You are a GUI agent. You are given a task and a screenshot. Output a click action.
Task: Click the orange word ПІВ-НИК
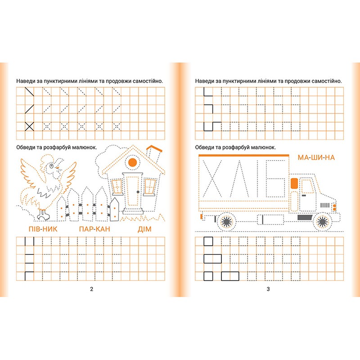pos(43,229)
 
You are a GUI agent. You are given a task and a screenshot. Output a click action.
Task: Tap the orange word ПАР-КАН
pos(94,229)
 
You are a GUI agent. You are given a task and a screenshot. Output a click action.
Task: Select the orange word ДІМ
pos(144,229)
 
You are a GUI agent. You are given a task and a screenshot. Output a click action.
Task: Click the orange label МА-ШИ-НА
pos(316,157)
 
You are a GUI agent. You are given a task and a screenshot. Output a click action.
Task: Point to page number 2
pos(92,289)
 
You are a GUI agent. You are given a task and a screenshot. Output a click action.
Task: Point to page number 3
pos(268,289)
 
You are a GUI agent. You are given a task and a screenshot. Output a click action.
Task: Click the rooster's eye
pos(51,165)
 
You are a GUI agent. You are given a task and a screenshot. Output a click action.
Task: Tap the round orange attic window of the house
pos(132,162)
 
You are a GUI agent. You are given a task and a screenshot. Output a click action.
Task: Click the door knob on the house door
pos(138,192)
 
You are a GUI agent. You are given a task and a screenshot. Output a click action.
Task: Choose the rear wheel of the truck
pos(227,221)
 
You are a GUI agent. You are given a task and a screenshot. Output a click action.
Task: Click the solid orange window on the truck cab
pos(294,184)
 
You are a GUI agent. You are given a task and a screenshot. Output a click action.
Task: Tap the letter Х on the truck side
pos(212,179)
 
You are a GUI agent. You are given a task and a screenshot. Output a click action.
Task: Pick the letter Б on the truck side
pos(275,179)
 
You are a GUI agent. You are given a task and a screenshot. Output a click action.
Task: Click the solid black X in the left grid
pos(29,126)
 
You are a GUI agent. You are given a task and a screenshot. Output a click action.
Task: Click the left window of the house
pos(117,186)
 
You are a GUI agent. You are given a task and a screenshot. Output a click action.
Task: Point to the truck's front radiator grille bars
pos(325,205)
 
